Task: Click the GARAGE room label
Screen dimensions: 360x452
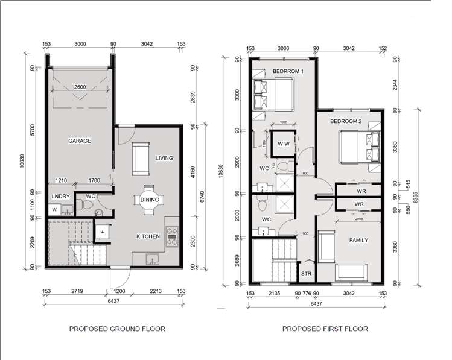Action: [x=79, y=141]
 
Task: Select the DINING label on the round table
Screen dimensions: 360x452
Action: [x=149, y=200]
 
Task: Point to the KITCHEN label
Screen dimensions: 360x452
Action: [x=148, y=236]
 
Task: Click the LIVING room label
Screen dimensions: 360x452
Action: [x=164, y=158]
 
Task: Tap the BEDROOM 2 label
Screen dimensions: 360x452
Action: [x=346, y=121]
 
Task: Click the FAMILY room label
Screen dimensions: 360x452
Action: [x=358, y=239]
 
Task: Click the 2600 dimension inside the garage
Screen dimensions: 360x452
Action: [x=80, y=88]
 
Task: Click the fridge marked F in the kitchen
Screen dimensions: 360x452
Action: [x=102, y=230]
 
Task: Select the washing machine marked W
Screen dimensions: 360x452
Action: [x=54, y=210]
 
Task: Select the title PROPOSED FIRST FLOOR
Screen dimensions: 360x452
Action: [x=325, y=329]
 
